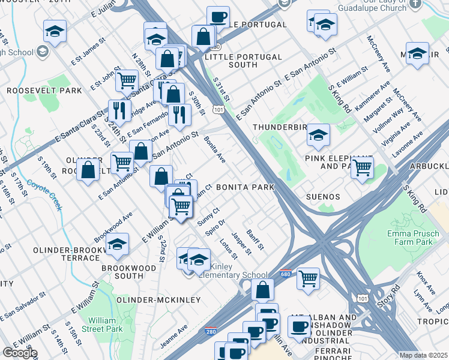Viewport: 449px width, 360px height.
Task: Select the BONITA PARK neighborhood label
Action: [245, 187]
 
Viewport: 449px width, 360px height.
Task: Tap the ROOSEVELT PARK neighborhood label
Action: [44, 91]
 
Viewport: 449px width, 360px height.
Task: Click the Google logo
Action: [20, 353]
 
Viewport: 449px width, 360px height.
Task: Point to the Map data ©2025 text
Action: [423, 355]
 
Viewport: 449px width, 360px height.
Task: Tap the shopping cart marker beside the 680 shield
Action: [308, 278]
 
